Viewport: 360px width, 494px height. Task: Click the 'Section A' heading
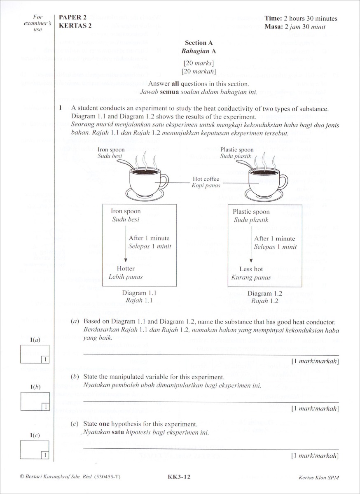[199, 42]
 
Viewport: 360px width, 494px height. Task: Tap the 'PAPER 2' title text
[72, 17]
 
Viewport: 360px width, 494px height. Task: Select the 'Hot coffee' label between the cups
[206, 179]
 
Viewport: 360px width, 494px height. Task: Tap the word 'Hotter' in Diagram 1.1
[126, 268]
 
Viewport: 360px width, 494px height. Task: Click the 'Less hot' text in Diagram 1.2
[251, 269]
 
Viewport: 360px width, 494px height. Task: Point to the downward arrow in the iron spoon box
[126, 243]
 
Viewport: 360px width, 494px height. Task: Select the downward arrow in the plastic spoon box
[251, 244]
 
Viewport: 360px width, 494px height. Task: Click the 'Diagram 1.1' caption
[139, 293]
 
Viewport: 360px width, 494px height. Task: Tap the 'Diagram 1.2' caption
[265, 294]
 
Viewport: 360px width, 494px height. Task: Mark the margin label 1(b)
[35, 387]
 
